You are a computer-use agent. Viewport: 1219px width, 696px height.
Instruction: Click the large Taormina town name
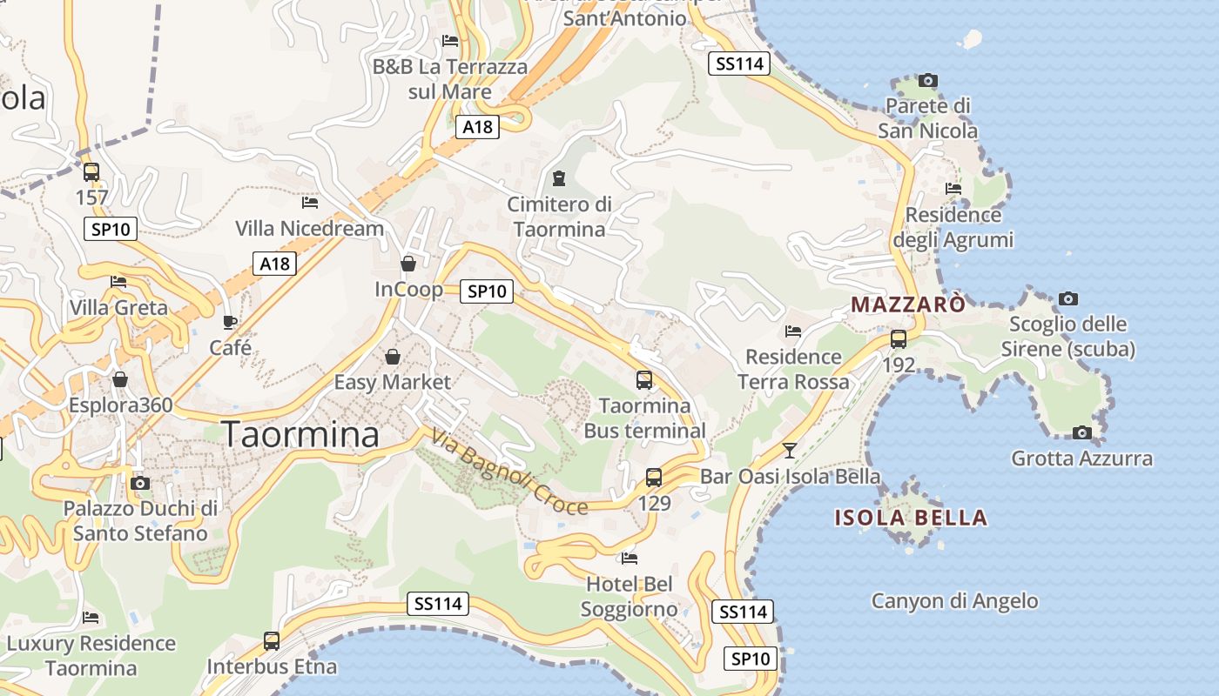coord(301,434)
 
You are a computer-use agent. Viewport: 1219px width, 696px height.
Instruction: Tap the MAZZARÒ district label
coord(908,304)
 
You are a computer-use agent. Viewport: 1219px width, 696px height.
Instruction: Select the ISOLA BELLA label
coord(911,518)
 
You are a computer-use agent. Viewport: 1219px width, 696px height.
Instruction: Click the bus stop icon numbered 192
coord(899,339)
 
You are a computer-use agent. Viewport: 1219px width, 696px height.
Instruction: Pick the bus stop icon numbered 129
coord(654,478)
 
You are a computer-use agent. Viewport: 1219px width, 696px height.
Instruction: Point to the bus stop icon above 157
coord(91,172)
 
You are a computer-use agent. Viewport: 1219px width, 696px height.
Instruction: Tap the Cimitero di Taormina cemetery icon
coord(559,178)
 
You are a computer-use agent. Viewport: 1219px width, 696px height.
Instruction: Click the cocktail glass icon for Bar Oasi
coord(790,450)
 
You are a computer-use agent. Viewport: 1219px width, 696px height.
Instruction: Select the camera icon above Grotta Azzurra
coord(1081,432)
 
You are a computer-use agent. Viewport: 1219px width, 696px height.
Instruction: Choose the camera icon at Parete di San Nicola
coord(928,81)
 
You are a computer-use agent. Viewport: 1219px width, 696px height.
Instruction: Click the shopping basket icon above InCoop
coord(408,263)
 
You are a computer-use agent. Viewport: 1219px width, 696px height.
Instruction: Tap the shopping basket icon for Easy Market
coord(393,357)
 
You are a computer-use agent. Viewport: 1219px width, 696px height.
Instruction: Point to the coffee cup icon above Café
coord(230,322)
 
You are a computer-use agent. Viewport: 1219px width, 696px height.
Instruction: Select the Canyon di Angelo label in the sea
coord(954,600)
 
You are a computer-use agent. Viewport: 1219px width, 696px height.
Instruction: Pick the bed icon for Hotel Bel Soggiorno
coord(630,558)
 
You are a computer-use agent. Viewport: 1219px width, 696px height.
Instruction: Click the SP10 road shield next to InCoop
coord(486,291)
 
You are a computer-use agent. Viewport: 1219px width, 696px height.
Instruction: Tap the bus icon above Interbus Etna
coord(272,641)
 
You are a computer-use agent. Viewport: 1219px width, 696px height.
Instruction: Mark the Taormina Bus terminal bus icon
coord(644,380)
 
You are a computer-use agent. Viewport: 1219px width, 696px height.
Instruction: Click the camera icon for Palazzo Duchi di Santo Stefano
coord(139,483)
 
